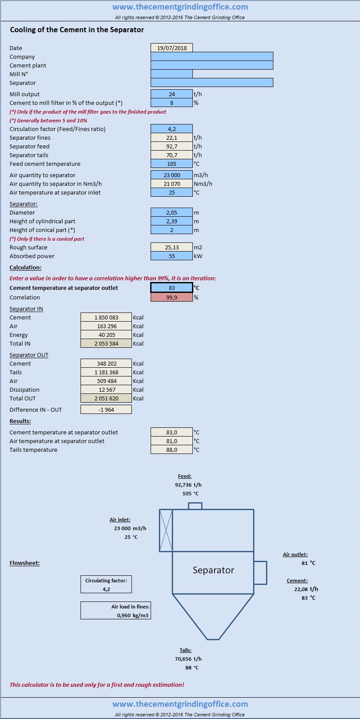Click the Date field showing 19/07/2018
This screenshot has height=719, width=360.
point(172,48)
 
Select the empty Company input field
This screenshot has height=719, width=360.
point(212,57)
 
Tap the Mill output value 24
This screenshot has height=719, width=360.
point(172,94)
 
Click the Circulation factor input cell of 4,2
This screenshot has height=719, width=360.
point(172,129)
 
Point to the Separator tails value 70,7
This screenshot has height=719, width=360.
point(172,155)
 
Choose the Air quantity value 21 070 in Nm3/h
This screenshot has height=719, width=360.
point(172,184)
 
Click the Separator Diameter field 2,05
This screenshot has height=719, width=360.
point(172,212)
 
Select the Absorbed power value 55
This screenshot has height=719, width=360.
point(172,256)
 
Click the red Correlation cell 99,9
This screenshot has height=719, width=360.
point(172,297)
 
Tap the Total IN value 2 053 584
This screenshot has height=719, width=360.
point(106,343)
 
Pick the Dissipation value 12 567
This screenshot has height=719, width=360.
point(106,390)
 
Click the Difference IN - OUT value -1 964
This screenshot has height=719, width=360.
point(106,410)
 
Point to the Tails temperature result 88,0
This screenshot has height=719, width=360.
point(172,450)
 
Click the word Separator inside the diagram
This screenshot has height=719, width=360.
point(213,570)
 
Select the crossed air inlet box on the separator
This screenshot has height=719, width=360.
point(166,531)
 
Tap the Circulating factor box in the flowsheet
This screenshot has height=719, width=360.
point(106,584)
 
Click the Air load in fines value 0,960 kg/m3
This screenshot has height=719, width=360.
point(133,615)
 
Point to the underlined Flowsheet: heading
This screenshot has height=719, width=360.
point(25,563)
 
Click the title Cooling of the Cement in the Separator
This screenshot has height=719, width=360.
point(77,30)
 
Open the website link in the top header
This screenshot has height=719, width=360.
point(180,7)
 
